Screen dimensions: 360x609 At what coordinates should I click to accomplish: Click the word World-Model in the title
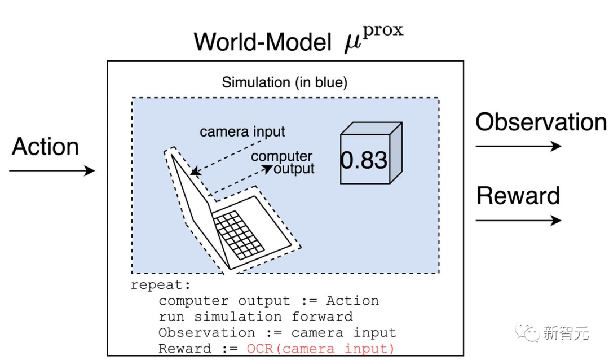pyautogui.click(x=262, y=42)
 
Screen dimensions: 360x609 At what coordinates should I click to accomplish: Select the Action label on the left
pyautogui.click(x=45, y=147)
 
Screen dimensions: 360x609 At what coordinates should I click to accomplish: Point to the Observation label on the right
pyautogui.click(x=541, y=122)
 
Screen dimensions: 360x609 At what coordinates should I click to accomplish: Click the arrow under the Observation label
pyautogui.click(x=518, y=146)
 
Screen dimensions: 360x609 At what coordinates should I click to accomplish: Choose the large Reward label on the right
pyautogui.click(x=518, y=196)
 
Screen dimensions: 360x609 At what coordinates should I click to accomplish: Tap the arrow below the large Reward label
pyautogui.click(x=518, y=219)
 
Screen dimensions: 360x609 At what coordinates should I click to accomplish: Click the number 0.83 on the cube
pyautogui.click(x=364, y=160)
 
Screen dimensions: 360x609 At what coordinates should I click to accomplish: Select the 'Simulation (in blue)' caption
pyautogui.click(x=284, y=82)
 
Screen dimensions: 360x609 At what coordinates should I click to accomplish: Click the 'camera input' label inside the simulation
pyautogui.click(x=242, y=131)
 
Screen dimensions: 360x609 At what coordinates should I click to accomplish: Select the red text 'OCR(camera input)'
pyautogui.click(x=320, y=349)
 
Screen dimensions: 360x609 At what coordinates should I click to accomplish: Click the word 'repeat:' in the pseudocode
pyautogui.click(x=153, y=285)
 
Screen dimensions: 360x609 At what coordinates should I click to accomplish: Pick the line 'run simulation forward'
pyautogui.click(x=255, y=317)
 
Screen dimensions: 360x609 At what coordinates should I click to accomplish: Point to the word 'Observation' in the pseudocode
pyautogui.click(x=200, y=332)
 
